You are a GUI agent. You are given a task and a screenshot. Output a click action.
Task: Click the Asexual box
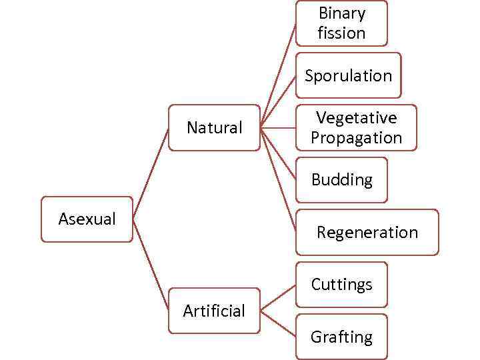click(87, 219)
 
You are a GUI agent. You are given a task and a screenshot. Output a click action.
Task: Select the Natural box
click(214, 127)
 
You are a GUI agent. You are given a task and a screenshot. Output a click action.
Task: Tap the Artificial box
click(214, 310)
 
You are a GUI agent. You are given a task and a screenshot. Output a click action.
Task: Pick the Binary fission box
click(341, 23)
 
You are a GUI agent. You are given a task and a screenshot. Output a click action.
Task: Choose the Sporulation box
click(348, 75)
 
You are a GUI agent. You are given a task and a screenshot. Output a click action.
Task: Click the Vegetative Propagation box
click(356, 127)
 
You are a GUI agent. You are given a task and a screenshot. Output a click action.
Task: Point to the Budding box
click(341, 179)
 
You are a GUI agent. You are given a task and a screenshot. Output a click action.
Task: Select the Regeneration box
click(367, 232)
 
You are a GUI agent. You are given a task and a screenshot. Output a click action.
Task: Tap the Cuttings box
click(341, 285)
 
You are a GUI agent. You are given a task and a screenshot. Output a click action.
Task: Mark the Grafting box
click(341, 337)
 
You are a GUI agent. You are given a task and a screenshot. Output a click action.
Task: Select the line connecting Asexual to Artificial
click(151, 265)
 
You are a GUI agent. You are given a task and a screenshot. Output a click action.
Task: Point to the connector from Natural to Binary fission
click(279, 75)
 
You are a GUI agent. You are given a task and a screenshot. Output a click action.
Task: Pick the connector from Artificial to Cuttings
click(279, 297)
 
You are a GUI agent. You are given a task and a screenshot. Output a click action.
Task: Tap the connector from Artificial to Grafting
click(279, 323)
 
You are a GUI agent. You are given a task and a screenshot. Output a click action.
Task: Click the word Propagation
click(356, 138)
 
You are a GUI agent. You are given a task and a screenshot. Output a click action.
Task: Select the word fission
click(341, 33)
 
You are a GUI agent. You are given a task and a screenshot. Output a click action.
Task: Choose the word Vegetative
click(356, 118)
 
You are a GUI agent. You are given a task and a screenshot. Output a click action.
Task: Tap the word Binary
click(342, 13)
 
